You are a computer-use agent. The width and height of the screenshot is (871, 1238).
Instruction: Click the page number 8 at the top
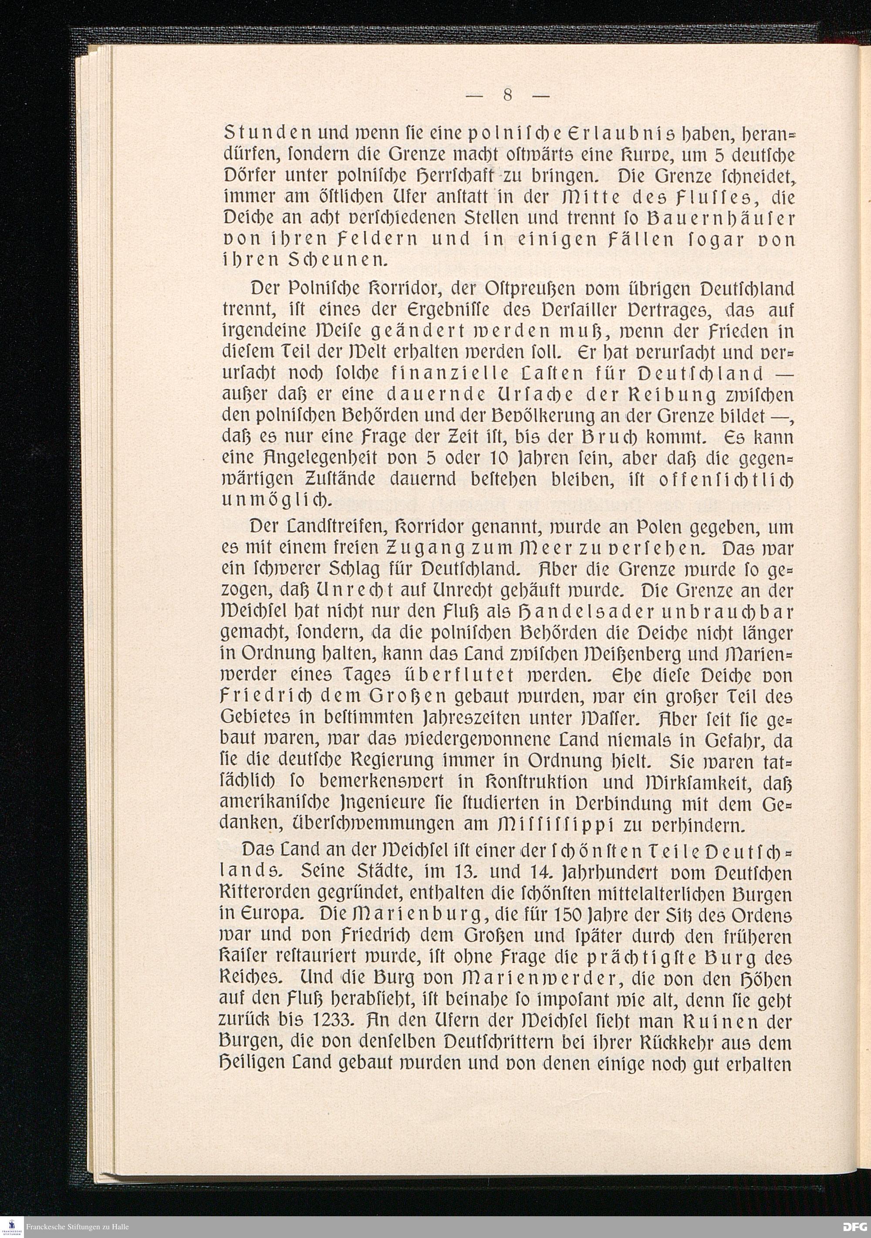pyautogui.click(x=507, y=95)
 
